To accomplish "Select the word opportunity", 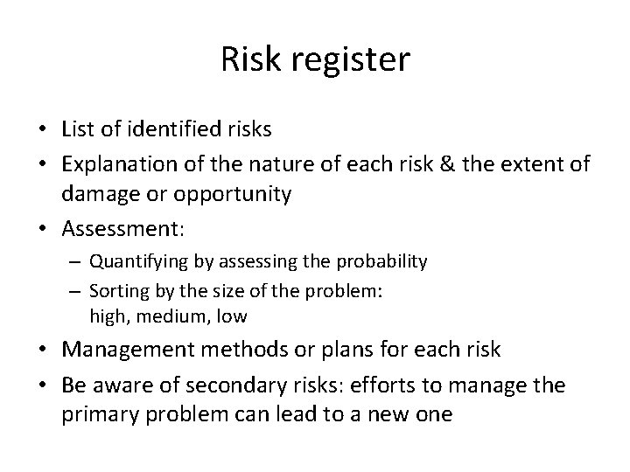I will click(235, 194).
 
